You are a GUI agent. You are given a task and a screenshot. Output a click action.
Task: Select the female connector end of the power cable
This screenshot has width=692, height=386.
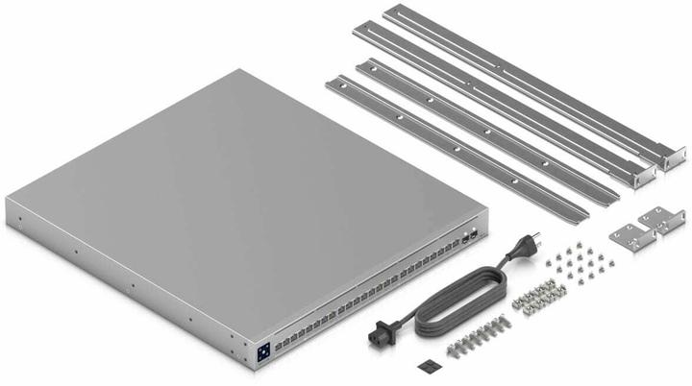point(375,337)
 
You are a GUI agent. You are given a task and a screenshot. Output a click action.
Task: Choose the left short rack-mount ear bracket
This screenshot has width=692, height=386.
point(629,233)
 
